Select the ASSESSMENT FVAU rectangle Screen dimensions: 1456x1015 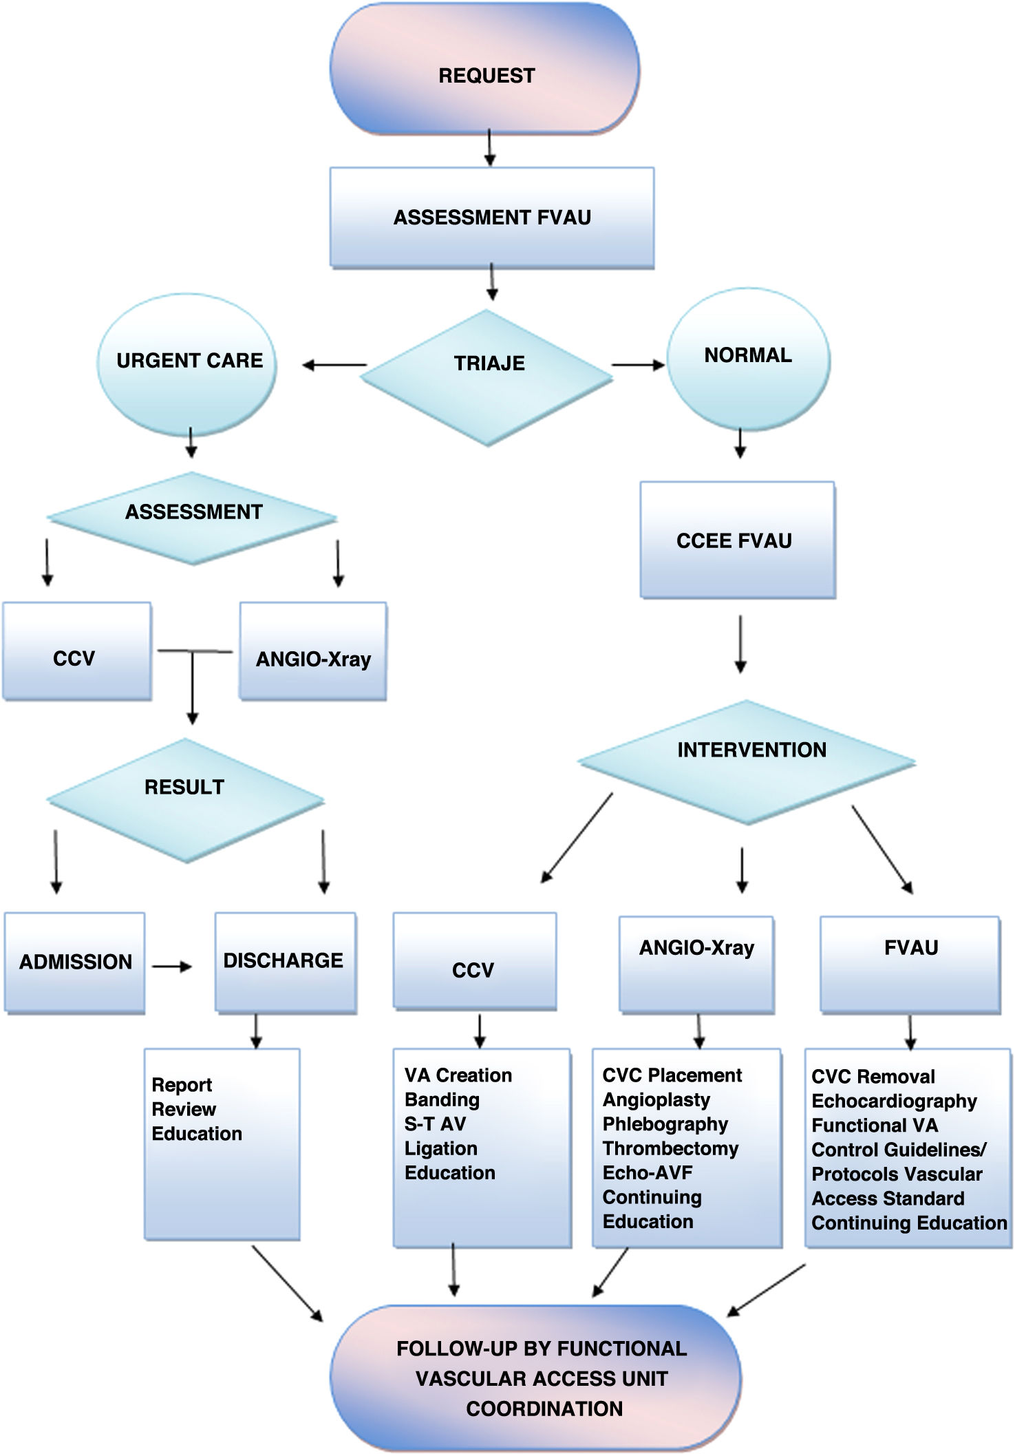pos(491,218)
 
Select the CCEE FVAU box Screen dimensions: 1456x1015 pos(737,540)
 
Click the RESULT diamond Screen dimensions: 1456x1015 pos(185,799)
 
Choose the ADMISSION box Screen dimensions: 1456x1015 pos(75,962)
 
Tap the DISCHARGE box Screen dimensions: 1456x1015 pos(285,961)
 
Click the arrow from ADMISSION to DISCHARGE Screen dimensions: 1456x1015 pos(172,967)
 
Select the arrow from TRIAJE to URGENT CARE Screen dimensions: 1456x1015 pos(334,365)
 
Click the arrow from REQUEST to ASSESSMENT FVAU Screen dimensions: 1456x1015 pos(489,147)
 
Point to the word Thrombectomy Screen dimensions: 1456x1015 pos(670,1148)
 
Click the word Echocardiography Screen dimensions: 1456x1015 pos(894,1101)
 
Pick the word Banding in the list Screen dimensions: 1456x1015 pos(442,1099)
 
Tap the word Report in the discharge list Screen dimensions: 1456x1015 pos(182,1085)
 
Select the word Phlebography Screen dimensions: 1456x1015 pos(665,1124)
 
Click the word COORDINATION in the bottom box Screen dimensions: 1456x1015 pos(544,1408)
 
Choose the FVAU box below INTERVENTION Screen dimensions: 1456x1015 pos(910,964)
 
